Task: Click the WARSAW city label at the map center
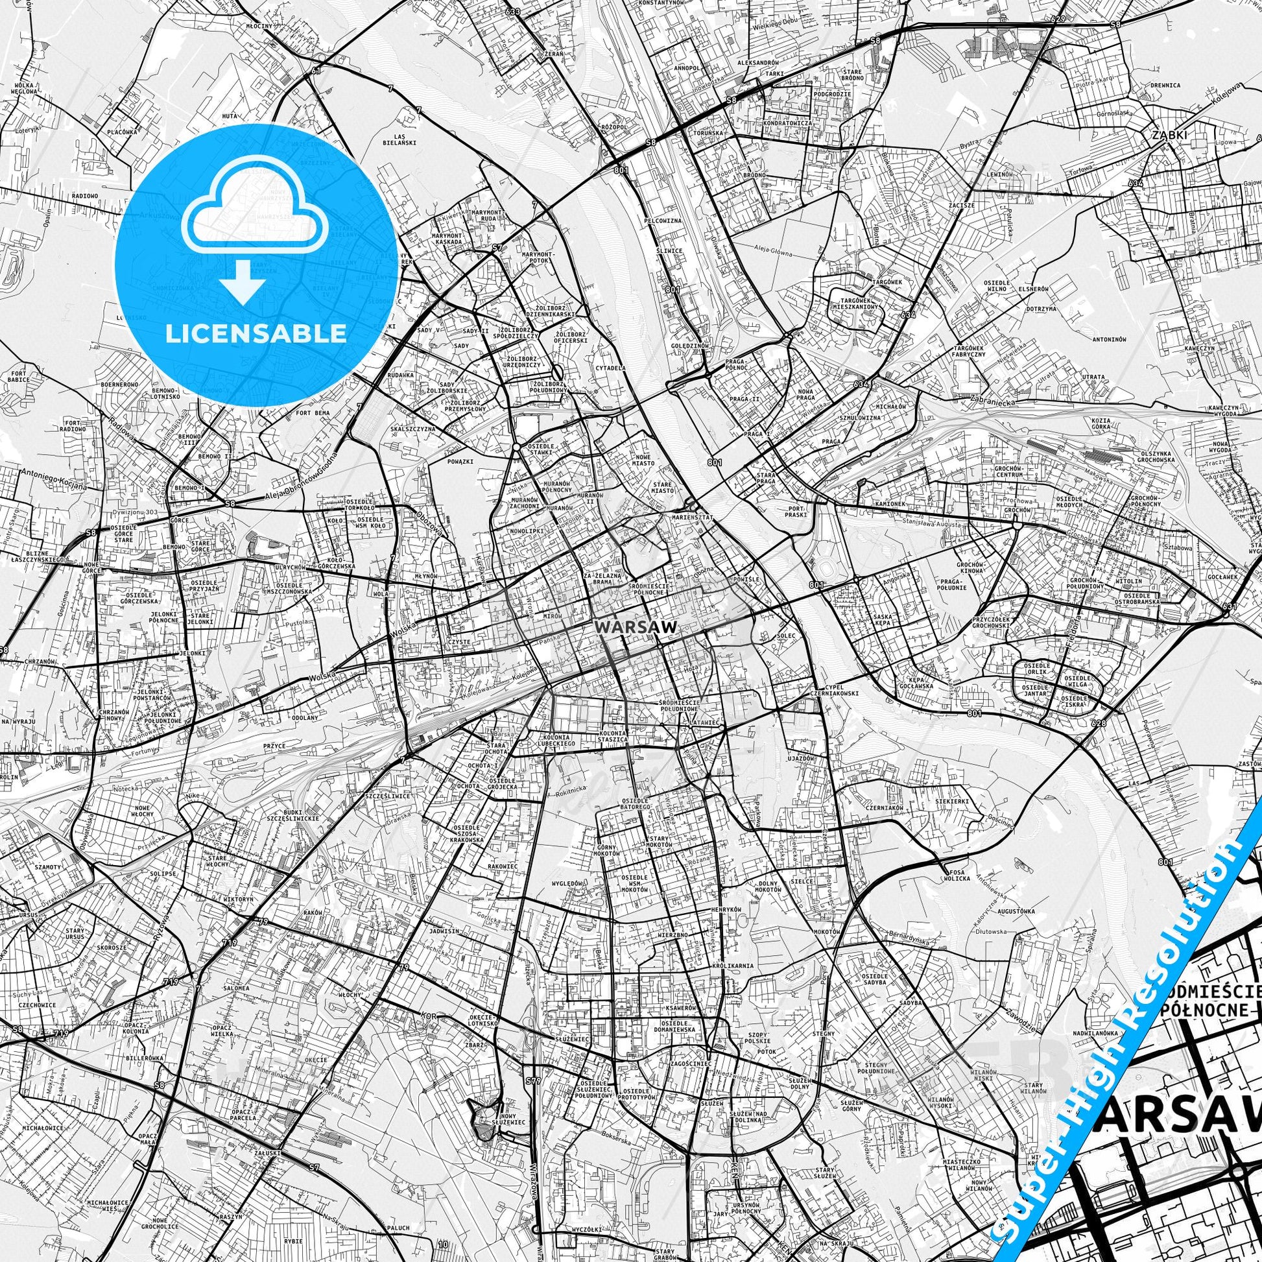coord(635,626)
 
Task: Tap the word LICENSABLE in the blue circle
coord(256,333)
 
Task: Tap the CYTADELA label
coord(610,368)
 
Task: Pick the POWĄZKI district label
coord(462,460)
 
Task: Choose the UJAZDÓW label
coord(800,758)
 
